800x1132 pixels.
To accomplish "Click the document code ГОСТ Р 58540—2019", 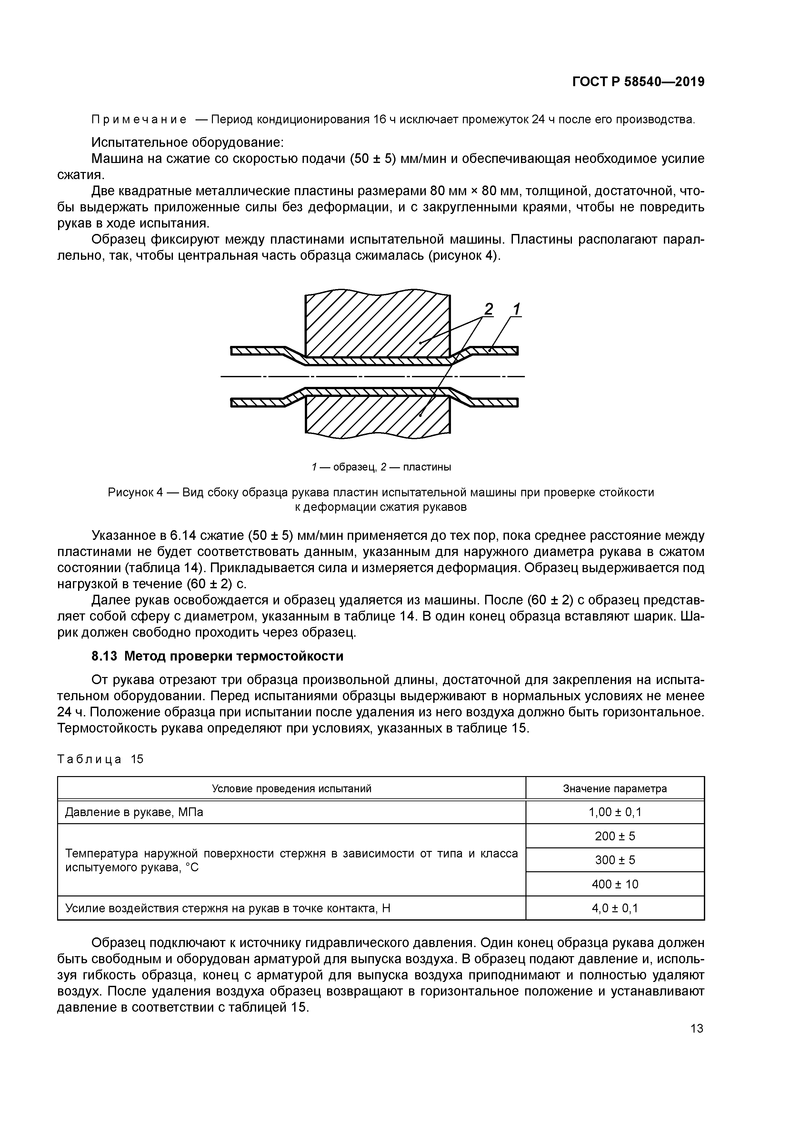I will coord(638,82).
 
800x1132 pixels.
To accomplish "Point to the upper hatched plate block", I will coord(377,325).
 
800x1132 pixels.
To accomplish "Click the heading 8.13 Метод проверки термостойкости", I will coord(217,656).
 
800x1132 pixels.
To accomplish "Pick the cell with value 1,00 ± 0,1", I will coord(615,812).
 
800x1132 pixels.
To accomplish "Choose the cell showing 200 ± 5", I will coord(615,836).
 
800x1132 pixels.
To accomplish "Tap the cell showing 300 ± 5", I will coord(615,860).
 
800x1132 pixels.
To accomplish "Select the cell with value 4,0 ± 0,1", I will coord(615,908).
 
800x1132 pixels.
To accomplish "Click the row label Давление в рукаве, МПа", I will coord(134,812).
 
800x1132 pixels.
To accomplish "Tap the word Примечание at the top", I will coord(139,120).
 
